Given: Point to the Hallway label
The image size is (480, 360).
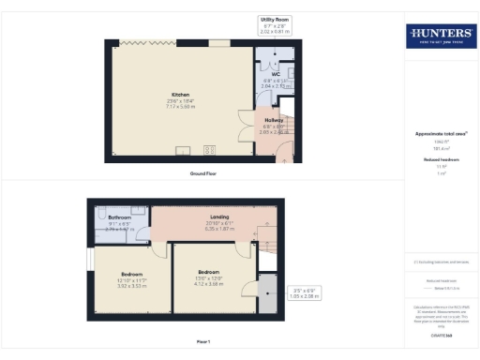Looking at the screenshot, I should (273, 121).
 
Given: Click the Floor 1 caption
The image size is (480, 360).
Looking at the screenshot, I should (203, 340).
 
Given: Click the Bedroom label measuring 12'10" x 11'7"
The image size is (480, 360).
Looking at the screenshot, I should (132, 276).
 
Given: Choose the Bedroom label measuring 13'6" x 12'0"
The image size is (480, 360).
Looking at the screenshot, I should (208, 272).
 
